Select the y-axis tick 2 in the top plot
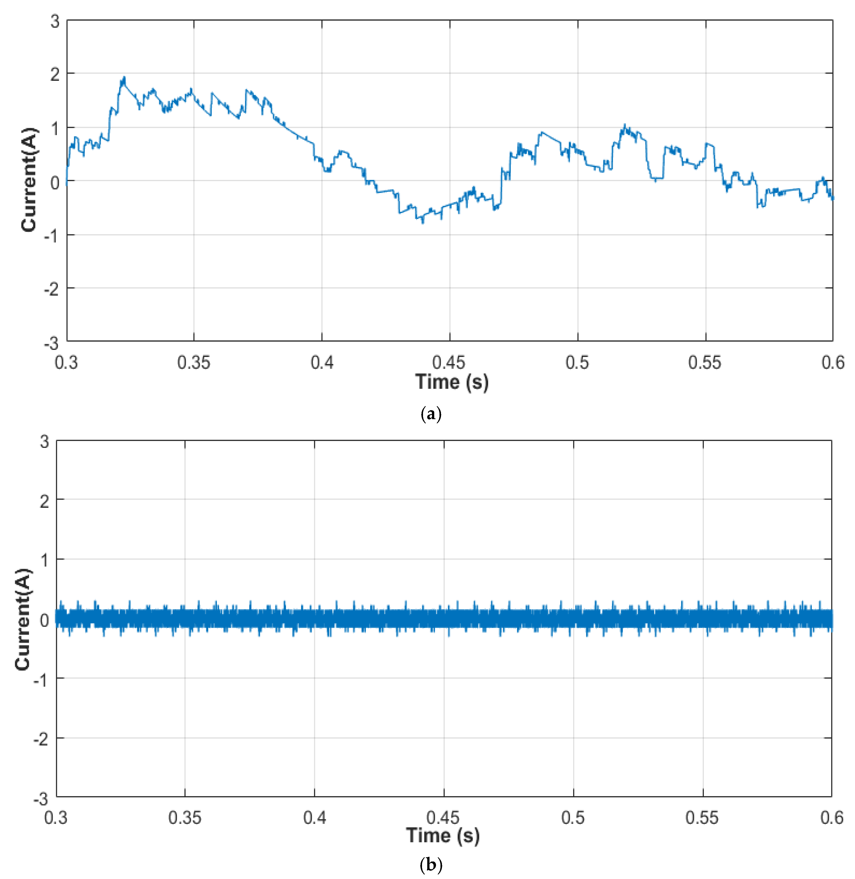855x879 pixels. [55, 74]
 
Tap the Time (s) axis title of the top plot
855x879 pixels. [451, 382]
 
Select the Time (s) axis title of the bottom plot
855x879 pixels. [442, 835]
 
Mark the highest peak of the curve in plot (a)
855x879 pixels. [124, 77]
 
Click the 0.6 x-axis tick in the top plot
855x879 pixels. [833, 362]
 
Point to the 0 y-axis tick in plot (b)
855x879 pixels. [44, 620]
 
